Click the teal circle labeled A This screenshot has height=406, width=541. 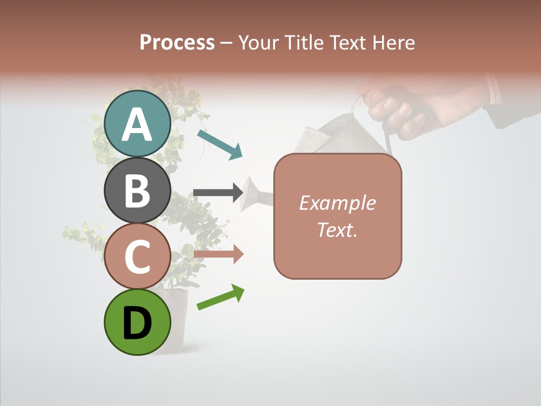pos(138,123)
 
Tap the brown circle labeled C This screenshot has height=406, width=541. pos(138,257)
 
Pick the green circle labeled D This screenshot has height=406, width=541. pos(138,323)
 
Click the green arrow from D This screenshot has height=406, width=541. pos(220,297)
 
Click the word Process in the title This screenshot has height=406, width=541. pos(177,42)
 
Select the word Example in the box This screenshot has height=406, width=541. pos(337,203)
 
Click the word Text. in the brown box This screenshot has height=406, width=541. pos(337,230)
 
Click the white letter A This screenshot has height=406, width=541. pos(138,124)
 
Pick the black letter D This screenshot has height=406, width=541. pos(138,323)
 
